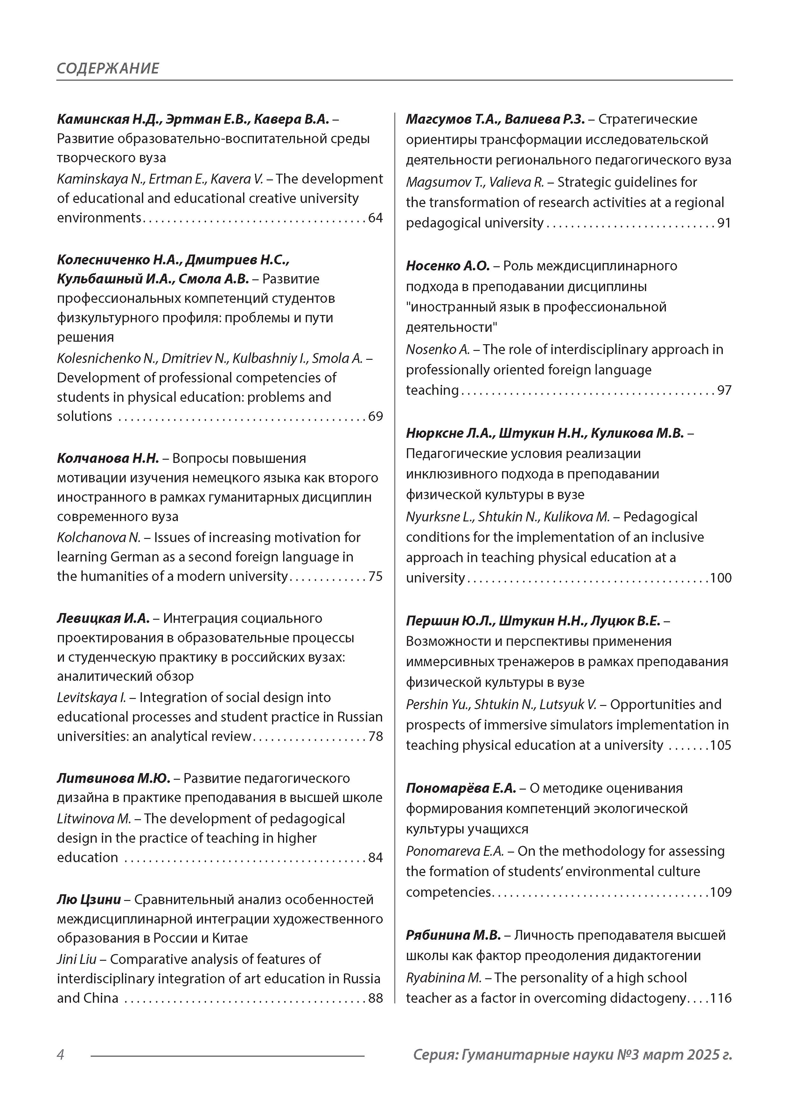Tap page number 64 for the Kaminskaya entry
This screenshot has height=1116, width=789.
coord(375,218)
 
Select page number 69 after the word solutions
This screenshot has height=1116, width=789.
coord(375,416)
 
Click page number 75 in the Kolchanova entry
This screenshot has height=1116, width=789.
coord(375,576)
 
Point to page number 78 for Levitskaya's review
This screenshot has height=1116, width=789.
coord(375,736)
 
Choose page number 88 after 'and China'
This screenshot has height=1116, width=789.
coord(375,998)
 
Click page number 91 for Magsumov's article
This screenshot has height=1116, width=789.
coord(724,223)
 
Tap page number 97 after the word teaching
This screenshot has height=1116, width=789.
coord(724,390)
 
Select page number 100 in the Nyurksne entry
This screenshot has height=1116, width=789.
coord(721,578)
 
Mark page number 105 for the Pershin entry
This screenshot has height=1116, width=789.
coord(721,746)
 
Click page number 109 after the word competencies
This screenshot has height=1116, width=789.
coord(721,892)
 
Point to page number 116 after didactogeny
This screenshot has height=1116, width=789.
coord(721,998)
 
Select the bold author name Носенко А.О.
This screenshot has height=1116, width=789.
coord(447,266)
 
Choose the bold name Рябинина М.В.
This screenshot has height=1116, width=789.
coord(453,935)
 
